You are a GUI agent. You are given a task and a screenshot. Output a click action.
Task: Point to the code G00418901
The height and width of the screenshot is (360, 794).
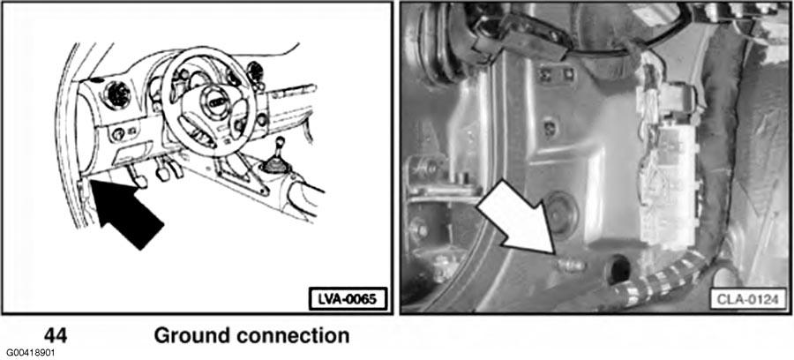coord(29,352)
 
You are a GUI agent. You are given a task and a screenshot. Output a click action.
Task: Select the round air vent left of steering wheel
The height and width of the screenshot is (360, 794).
coord(117,92)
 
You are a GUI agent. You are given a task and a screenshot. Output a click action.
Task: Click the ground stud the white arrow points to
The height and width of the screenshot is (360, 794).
coord(569,262)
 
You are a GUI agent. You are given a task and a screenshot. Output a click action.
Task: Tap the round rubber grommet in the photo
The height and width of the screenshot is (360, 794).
coord(558,213)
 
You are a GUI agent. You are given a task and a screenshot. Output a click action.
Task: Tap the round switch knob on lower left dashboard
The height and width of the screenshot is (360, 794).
coord(117,134)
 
